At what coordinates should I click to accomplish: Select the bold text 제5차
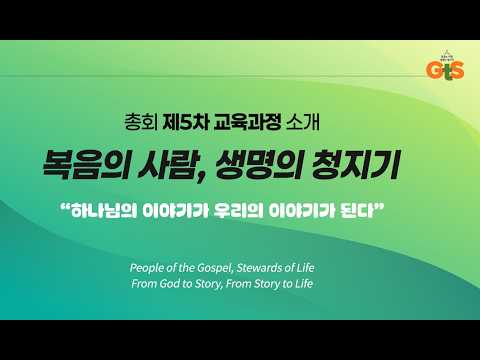point(186,123)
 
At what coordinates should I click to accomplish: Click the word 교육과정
point(247,123)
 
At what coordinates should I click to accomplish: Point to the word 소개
point(303,123)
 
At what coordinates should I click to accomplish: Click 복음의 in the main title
point(86,165)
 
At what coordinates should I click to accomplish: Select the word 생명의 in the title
point(259,165)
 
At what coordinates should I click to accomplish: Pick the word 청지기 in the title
point(355,165)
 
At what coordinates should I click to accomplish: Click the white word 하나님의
point(104,211)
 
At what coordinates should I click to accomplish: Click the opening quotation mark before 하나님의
point(66,206)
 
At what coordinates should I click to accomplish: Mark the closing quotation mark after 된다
point(379,206)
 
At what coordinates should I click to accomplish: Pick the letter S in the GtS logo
point(457,70)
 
